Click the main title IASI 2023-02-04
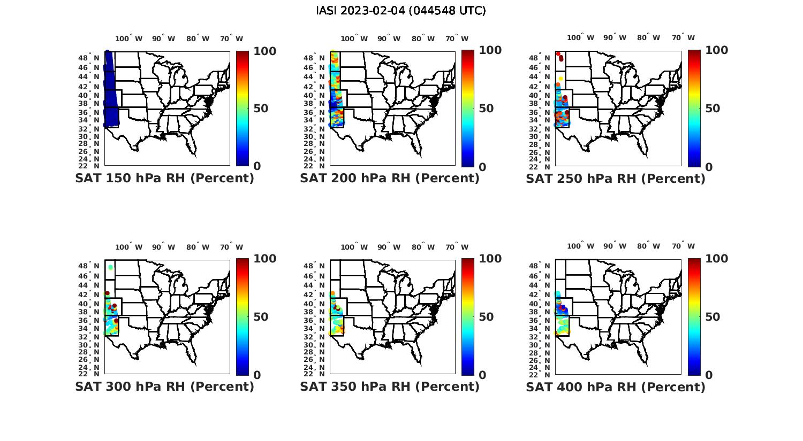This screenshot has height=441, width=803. click(x=401, y=11)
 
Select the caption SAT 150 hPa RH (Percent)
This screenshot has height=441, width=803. click(x=164, y=179)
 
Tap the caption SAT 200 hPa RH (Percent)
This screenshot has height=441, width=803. click(x=390, y=179)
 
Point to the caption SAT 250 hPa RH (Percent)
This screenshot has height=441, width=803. click(x=616, y=179)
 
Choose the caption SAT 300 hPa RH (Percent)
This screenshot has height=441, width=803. click(x=164, y=386)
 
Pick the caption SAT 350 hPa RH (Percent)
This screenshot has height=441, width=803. click(x=390, y=386)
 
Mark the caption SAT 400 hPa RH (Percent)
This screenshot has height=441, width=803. click(x=616, y=386)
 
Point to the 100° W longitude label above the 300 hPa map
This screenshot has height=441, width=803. click(x=129, y=247)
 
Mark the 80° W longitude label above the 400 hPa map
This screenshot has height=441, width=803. click(x=648, y=246)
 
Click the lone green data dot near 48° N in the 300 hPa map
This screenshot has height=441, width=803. click(x=110, y=267)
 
